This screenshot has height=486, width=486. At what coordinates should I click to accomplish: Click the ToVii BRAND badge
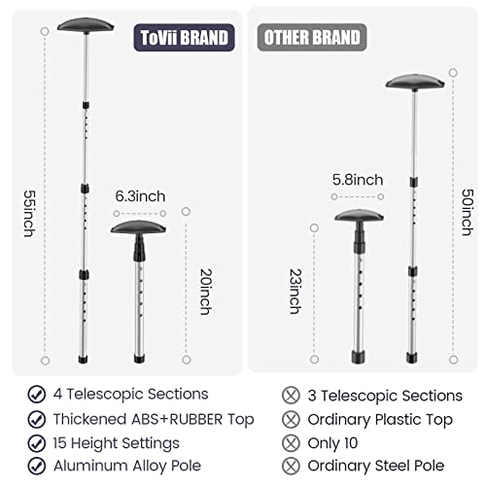(x=184, y=38)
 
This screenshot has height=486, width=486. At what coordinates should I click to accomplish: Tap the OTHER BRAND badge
(x=312, y=37)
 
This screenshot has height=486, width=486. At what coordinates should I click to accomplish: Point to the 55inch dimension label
(x=29, y=214)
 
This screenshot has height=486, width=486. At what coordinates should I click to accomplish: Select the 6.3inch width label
(x=140, y=196)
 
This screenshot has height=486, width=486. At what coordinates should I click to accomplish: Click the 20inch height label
(x=206, y=292)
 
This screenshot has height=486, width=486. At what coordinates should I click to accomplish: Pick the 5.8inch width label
(x=358, y=180)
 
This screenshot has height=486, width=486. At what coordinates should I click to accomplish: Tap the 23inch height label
(x=295, y=292)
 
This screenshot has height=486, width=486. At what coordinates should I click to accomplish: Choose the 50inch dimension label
(x=468, y=212)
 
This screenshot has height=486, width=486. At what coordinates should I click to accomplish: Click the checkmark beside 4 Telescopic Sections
(x=37, y=395)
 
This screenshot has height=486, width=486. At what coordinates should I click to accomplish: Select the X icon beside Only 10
(x=291, y=443)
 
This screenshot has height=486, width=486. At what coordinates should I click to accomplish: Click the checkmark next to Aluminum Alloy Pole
(x=37, y=466)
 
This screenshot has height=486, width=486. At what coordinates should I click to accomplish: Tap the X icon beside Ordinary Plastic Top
(x=291, y=420)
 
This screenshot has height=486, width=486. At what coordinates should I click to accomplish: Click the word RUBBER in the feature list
(x=196, y=419)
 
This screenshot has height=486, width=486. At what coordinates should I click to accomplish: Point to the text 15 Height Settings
(x=117, y=443)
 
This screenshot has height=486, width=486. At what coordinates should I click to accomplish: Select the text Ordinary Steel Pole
(x=376, y=466)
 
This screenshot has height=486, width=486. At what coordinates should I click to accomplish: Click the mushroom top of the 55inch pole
(x=86, y=25)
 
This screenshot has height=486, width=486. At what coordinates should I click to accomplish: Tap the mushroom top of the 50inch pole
(x=415, y=82)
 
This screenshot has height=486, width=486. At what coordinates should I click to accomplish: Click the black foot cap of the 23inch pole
(x=359, y=357)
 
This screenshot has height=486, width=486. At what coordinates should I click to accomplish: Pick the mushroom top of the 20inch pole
(x=139, y=227)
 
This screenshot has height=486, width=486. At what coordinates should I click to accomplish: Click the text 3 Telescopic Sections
(x=385, y=396)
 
